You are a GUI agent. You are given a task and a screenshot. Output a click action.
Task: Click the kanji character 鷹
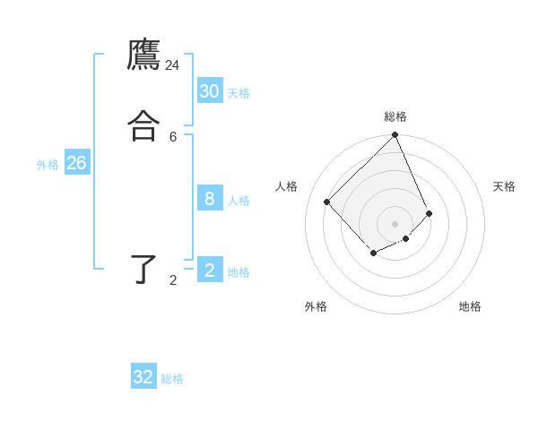[x=143, y=55]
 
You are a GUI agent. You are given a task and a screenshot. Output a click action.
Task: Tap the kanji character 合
[x=143, y=125]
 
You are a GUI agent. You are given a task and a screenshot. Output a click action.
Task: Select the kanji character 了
[x=143, y=269]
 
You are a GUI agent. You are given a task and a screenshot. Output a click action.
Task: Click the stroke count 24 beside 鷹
[x=172, y=65]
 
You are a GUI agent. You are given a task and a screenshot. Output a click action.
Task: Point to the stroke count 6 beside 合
[x=173, y=136]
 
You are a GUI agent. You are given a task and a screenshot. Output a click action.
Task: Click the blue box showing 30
[x=210, y=90]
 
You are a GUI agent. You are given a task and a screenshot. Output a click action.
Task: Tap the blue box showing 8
[x=210, y=199]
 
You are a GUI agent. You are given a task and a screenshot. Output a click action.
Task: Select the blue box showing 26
[x=76, y=163]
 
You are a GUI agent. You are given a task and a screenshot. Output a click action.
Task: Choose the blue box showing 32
[x=143, y=377]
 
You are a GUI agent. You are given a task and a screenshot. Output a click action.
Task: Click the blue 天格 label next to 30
[x=239, y=93]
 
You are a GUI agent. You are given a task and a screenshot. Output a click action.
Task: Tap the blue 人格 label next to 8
[x=239, y=201]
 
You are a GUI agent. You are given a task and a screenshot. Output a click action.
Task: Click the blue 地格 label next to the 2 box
[x=239, y=272]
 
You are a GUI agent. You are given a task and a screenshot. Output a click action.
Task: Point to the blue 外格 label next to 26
[x=48, y=165]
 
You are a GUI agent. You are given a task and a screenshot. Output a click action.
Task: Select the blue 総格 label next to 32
[x=172, y=379]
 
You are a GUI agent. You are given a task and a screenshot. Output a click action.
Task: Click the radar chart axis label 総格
[x=395, y=116]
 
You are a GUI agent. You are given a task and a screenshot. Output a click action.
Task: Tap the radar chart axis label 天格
[x=504, y=186]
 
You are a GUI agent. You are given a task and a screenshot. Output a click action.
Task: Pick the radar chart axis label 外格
[x=316, y=306]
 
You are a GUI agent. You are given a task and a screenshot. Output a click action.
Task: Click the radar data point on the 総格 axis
[x=395, y=135]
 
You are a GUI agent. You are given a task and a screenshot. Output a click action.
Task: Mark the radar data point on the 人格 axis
[x=327, y=202]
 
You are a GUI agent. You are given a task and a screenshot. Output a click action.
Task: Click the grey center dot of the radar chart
[x=395, y=223]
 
